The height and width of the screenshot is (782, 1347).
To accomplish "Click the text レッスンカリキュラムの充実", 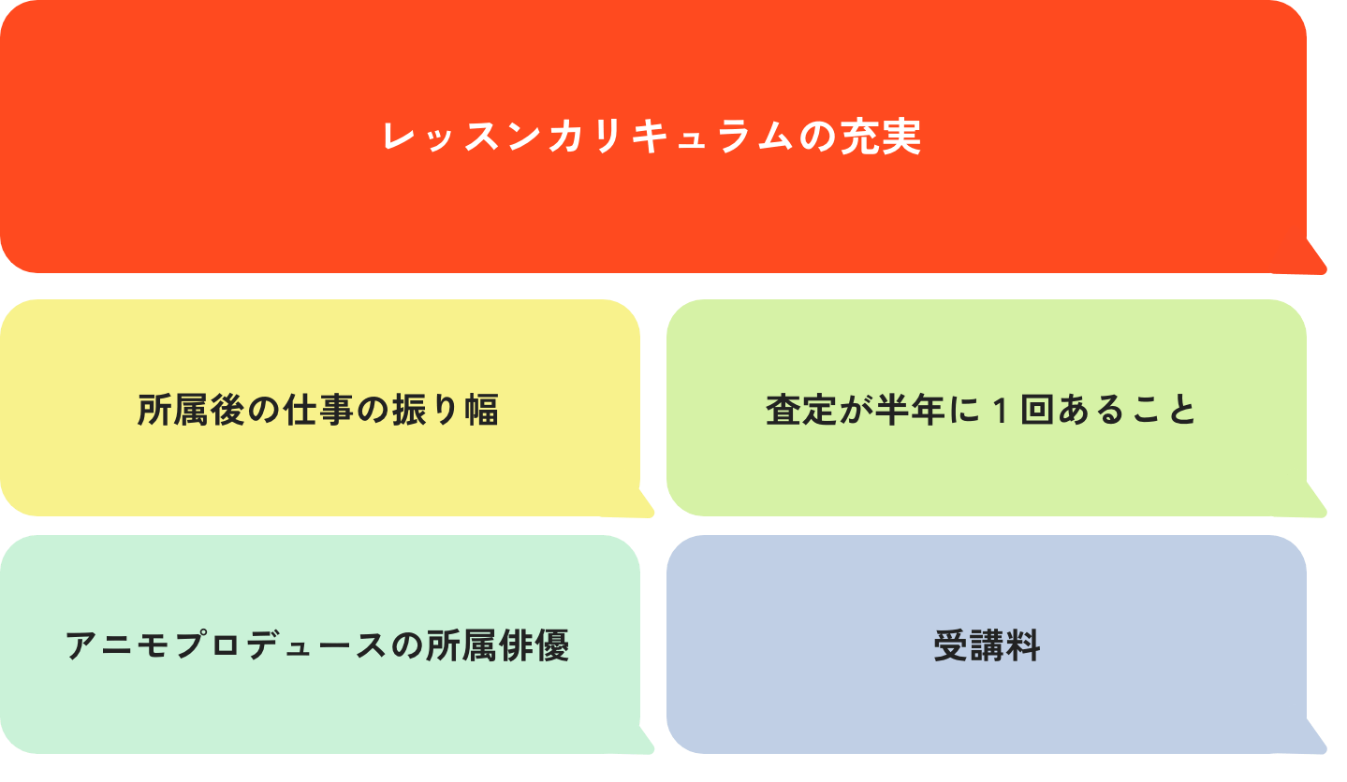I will click(x=652, y=138).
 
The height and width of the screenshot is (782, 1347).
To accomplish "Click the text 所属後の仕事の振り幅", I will click(x=318, y=410).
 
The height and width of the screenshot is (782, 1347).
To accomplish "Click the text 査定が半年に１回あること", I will click(x=981, y=410).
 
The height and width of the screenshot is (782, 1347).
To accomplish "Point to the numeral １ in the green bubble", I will click(x=999, y=410).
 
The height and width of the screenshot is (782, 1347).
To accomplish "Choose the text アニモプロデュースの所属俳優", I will click(x=318, y=646).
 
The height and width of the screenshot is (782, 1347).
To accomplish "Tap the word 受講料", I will click(x=987, y=646).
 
